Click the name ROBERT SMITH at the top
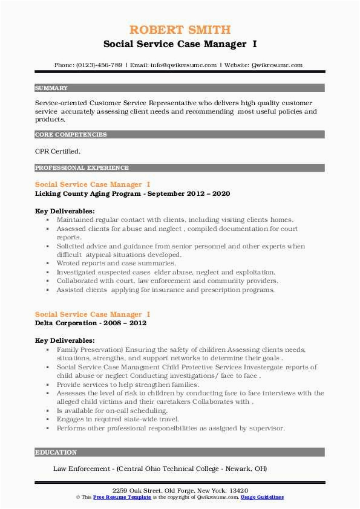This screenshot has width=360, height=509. [180, 30]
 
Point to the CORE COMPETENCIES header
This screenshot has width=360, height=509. [71, 135]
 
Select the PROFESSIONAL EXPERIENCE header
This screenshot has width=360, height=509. [82, 167]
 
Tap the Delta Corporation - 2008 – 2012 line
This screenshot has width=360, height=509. [91, 323]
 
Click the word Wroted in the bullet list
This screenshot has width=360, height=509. [69, 264]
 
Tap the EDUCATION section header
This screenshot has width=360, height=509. [56, 452]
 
